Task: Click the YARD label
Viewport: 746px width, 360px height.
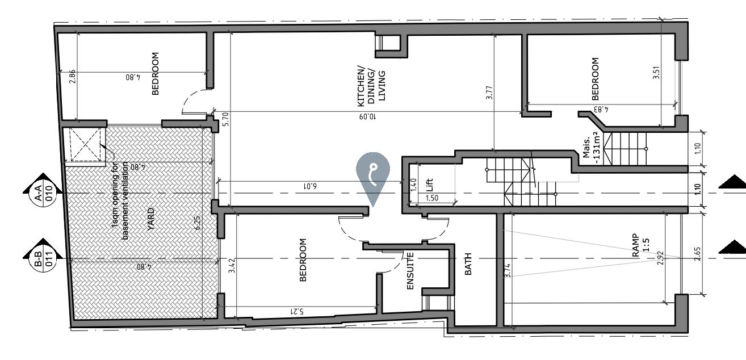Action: (x=151, y=219)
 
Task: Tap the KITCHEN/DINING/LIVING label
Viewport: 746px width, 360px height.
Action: (x=371, y=86)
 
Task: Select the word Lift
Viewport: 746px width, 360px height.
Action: (x=429, y=185)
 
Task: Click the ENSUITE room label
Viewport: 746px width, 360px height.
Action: (x=410, y=271)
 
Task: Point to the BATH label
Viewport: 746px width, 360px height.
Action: (x=468, y=264)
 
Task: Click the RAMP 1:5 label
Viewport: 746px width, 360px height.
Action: (x=640, y=245)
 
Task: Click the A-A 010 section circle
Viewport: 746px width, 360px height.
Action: (x=44, y=194)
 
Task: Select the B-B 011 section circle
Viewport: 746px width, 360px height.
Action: (x=44, y=259)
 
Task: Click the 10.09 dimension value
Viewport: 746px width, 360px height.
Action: (x=368, y=116)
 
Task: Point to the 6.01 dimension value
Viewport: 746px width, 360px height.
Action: (x=310, y=186)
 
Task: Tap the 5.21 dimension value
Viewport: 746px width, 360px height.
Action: (x=297, y=311)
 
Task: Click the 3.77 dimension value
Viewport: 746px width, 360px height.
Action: (x=489, y=93)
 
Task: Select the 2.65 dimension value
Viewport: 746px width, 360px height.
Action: (x=698, y=254)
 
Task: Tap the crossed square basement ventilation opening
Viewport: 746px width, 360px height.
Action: (x=85, y=145)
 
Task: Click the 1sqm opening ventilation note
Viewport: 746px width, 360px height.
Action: (x=120, y=200)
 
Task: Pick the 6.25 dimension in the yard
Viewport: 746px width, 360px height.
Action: (x=198, y=223)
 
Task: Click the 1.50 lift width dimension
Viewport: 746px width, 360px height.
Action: (x=432, y=198)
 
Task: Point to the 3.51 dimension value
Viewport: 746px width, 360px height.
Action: (x=656, y=73)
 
